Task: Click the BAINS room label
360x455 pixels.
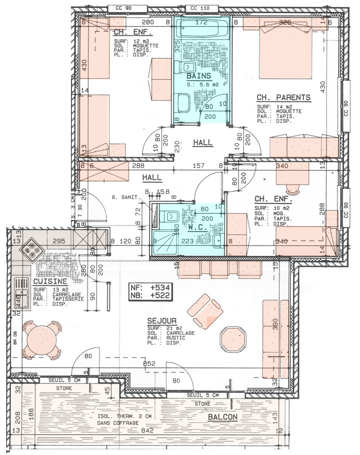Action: coord(199,76)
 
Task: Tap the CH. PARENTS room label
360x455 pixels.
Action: coord(283,98)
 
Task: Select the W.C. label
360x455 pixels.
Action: coord(197,227)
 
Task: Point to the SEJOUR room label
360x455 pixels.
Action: coord(161,321)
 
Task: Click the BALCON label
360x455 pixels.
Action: coord(223,417)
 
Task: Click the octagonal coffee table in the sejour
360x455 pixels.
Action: coord(233,339)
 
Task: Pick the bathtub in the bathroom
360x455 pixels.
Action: coord(201,28)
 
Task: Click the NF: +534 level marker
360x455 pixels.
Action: coord(150,288)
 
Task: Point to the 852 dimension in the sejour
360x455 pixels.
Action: coord(149,363)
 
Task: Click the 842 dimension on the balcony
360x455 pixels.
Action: coord(147,431)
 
